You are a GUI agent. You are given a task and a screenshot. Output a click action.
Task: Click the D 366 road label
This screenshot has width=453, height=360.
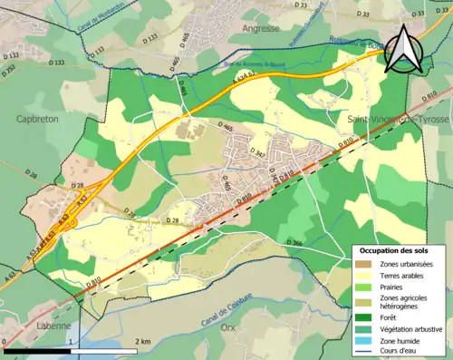click(295, 242)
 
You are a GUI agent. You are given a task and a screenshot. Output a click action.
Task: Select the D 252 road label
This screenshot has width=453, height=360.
click(8, 68)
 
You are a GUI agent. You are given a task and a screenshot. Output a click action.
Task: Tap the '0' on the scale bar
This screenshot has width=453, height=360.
click(5, 340)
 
